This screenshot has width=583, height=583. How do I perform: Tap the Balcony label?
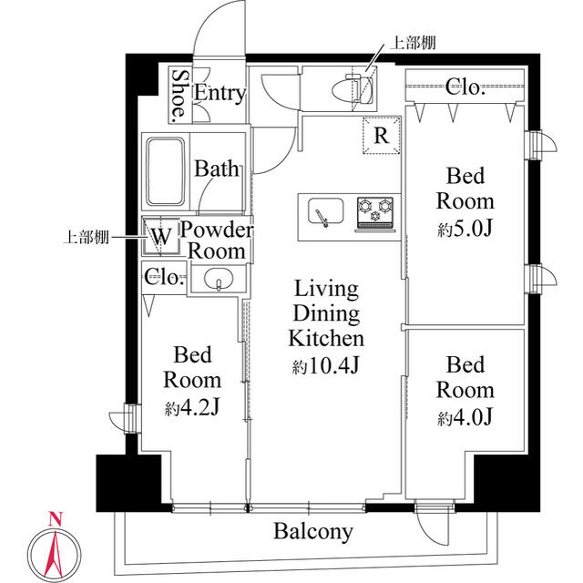coord(313,532)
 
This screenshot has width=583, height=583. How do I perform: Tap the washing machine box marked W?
coord(160,237)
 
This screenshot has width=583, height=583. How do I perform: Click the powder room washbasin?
coord(218,280)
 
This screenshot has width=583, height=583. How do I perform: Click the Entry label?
coord(220,93)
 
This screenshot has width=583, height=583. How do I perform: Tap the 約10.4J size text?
coord(326,367)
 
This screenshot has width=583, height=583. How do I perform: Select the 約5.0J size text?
coord(465,229)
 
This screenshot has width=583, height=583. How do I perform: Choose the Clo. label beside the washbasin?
coord(165,278)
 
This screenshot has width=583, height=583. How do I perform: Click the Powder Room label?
coord(216,240)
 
